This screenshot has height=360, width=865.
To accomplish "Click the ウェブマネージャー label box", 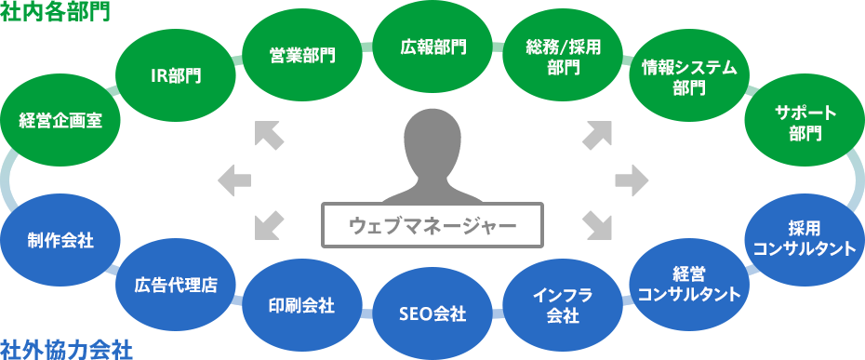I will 432,224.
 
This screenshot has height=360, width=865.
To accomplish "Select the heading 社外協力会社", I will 66,349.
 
